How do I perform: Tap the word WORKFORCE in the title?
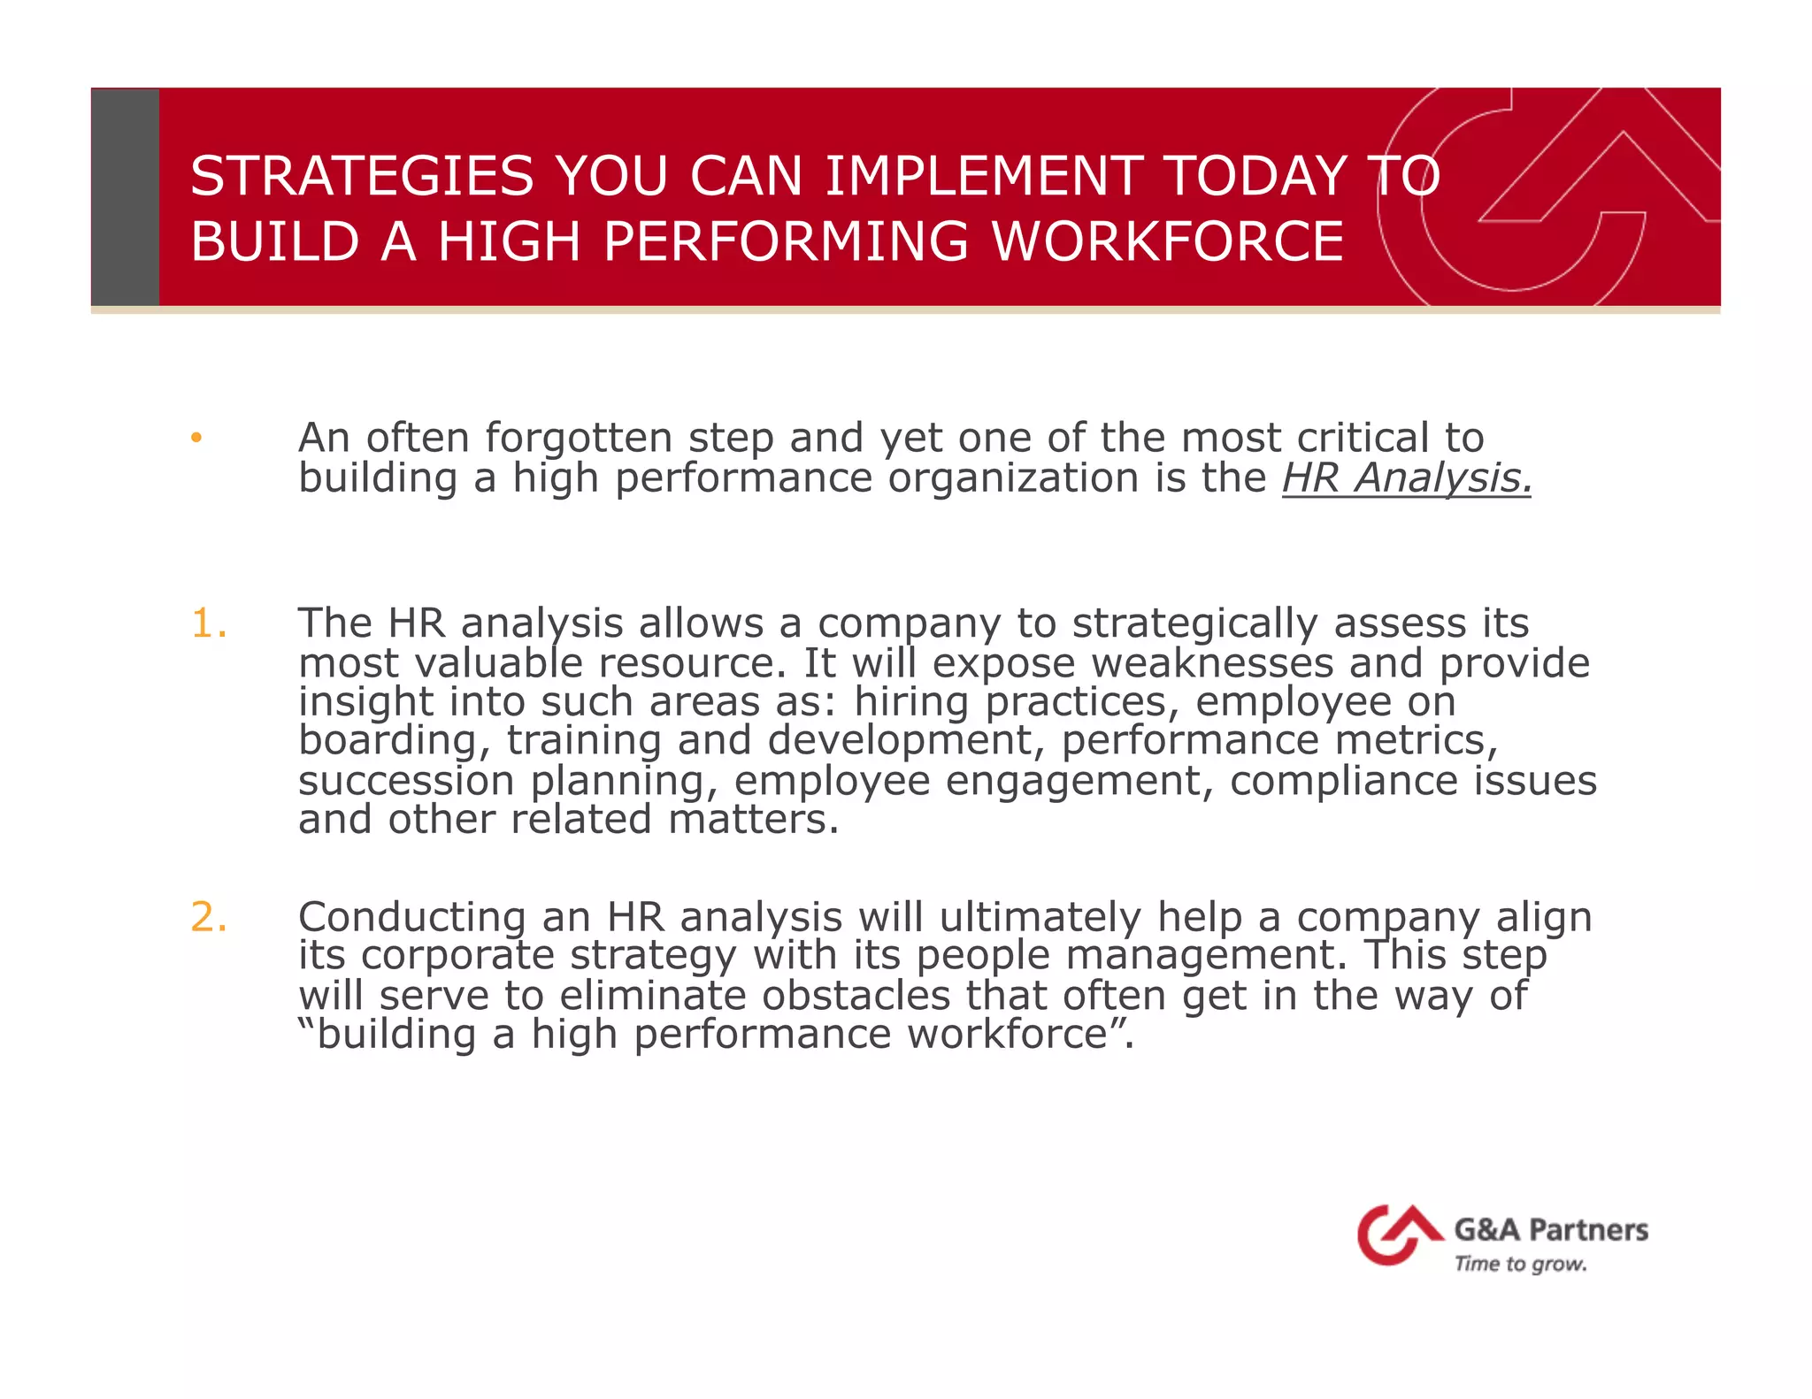[1167, 242]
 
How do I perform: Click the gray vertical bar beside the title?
[125, 196]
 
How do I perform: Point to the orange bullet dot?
[196, 438]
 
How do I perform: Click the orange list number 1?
[208, 624]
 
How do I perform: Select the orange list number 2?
[209, 917]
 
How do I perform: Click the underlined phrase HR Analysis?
[1406, 478]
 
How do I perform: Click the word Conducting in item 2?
[411, 917]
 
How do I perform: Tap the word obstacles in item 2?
[856, 996]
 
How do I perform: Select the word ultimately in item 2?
[1040, 917]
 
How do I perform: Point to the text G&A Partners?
[1551, 1230]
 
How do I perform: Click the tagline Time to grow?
[1520, 1265]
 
